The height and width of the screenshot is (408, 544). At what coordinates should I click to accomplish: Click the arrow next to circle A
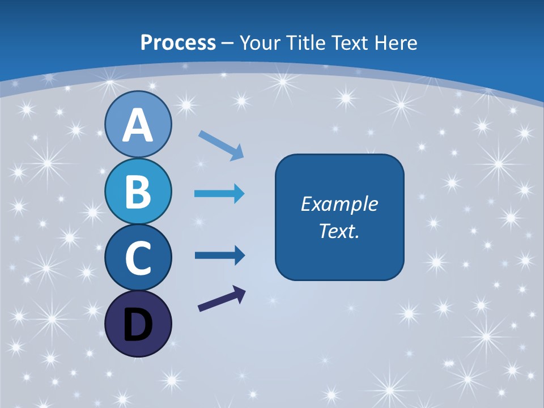(221, 144)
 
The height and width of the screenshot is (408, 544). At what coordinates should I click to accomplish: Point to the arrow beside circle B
(219, 194)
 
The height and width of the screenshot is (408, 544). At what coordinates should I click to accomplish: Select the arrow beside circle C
(219, 256)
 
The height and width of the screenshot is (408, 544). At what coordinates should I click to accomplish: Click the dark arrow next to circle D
(222, 299)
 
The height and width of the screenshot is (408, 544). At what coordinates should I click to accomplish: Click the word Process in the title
(178, 42)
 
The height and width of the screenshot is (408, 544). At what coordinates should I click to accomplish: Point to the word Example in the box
(339, 204)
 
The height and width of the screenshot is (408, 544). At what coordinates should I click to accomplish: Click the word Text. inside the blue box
(339, 231)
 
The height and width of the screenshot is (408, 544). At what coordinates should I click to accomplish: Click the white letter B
(138, 191)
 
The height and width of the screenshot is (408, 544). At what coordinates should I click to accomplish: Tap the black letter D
(138, 325)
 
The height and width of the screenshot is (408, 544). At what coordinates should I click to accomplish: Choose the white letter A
(138, 125)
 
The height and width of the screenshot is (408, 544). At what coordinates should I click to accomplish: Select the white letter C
(138, 258)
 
